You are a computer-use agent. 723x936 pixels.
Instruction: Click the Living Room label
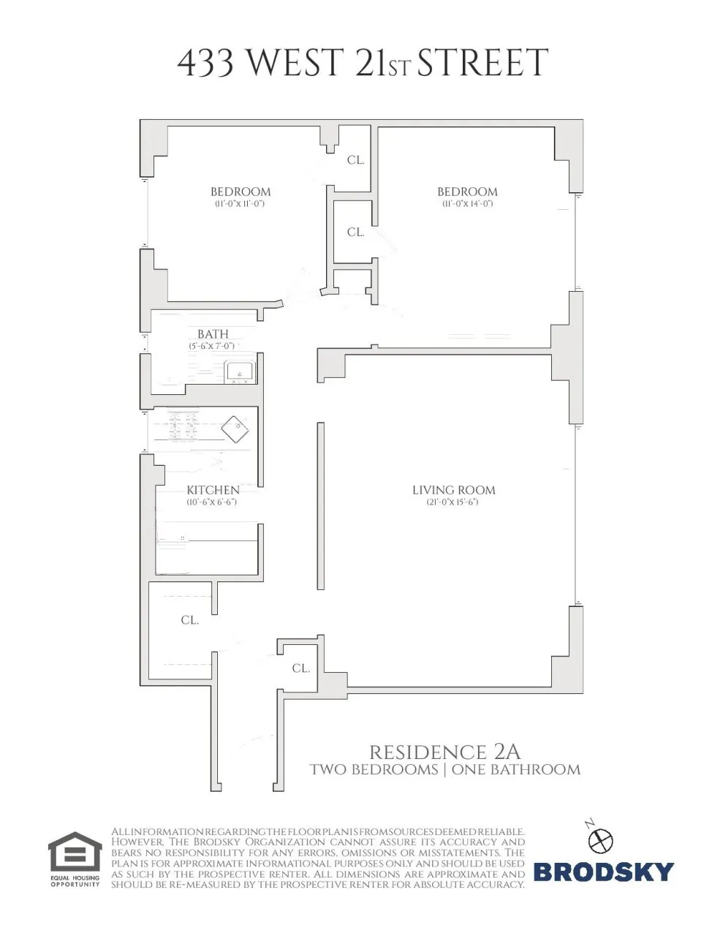pos(453,490)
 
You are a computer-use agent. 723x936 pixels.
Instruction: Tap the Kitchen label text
pos(213,490)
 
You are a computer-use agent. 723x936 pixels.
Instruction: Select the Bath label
pos(213,334)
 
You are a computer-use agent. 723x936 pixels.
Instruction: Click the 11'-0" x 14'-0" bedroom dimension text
pos(467,203)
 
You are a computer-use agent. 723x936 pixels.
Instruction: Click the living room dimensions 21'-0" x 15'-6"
pos(453,502)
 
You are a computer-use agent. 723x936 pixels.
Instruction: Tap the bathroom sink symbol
pos(240,372)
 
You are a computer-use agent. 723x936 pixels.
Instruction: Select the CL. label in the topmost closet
pos(356,159)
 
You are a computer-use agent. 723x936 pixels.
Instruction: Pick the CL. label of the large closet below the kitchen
pos(190,620)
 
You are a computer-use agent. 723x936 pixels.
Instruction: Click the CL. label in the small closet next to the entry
pos(301,668)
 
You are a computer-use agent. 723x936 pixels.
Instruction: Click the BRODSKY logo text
pos(603,872)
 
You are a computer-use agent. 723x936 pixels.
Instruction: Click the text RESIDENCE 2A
pos(444,752)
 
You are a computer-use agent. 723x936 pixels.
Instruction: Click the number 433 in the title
pos(206,64)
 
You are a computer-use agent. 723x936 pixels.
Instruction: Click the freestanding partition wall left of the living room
pos(320,505)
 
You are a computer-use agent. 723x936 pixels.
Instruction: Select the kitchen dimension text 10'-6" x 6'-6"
pos(212,502)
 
